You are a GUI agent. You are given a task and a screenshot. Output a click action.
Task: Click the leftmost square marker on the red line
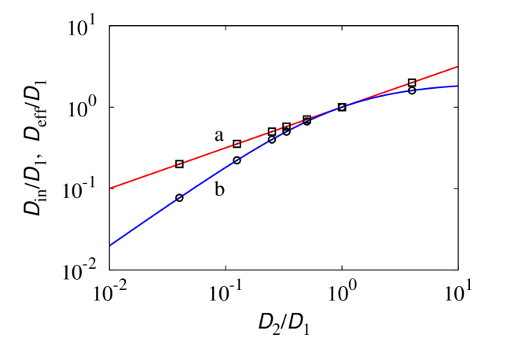[179, 163]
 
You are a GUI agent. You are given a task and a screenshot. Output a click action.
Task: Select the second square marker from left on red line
[237, 145]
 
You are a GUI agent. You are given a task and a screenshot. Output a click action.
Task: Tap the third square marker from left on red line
[272, 132]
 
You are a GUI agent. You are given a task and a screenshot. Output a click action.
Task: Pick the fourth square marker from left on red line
[286, 127]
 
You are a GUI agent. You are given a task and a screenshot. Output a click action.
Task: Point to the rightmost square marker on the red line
[411, 83]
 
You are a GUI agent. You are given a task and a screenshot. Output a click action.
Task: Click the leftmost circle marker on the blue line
[179, 197]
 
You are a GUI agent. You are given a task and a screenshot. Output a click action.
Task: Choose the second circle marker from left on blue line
[237, 160]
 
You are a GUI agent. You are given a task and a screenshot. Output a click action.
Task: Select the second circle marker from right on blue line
[341, 107]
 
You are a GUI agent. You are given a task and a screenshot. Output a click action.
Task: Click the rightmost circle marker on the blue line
[411, 90]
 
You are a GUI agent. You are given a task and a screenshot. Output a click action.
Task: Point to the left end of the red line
[110, 189]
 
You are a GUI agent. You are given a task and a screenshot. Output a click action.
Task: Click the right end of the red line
[457, 67]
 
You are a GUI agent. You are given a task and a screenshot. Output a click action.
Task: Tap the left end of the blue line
[110, 245]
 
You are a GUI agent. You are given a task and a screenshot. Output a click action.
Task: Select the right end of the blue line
[457, 86]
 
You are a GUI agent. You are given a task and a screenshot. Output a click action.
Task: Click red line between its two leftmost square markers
[208, 154]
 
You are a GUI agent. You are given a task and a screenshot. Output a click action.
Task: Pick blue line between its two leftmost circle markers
[208, 178]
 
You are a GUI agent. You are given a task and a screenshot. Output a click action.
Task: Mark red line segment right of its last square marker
[435, 75]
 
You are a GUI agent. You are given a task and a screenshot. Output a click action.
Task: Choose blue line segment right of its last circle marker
[435, 88]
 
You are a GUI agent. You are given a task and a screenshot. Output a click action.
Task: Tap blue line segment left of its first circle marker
[145, 221]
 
